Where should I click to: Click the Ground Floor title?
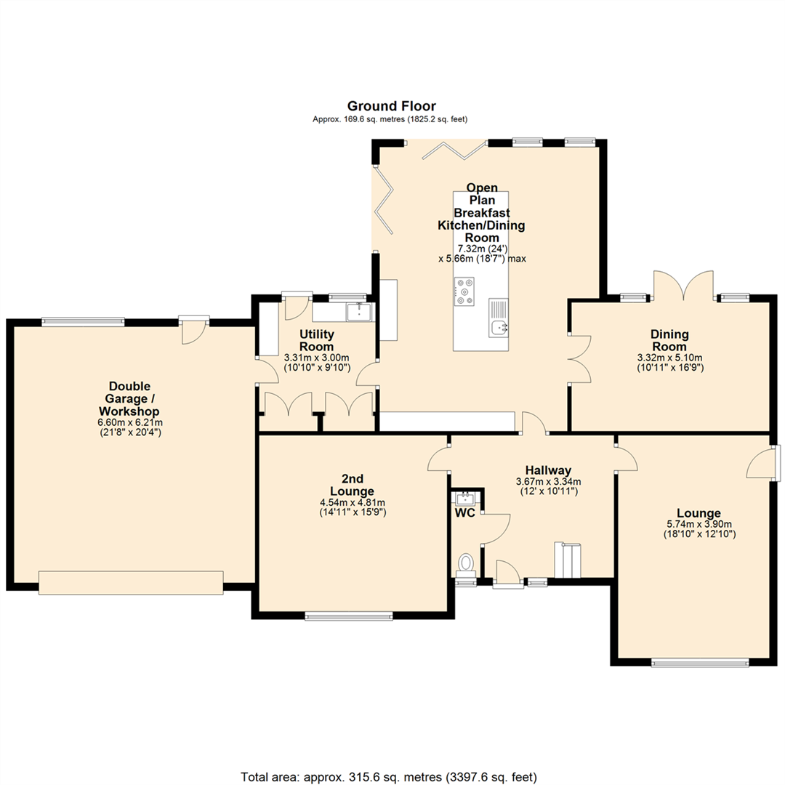(392, 106)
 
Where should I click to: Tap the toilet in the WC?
(466, 564)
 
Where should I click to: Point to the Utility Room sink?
(359, 311)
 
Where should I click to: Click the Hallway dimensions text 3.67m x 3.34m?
(548, 481)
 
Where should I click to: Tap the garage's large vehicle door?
(131, 582)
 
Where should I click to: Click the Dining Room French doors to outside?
(683, 286)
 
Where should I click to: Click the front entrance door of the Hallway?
(507, 573)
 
